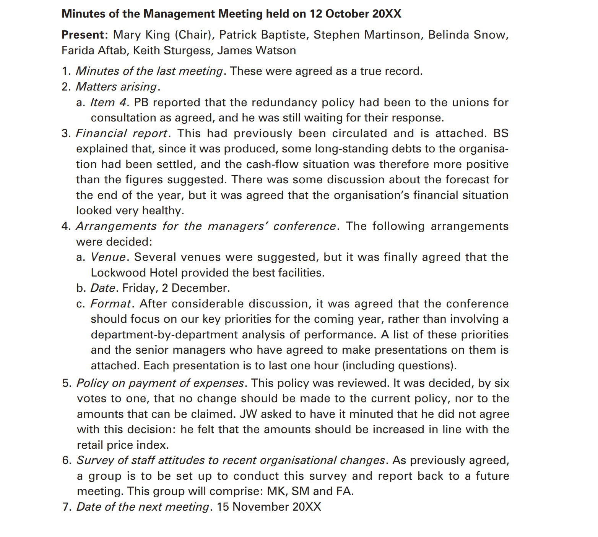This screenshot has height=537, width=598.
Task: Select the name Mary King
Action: pyautogui.click(x=141, y=35)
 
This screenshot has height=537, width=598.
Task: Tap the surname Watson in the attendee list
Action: pyautogui.click(x=278, y=50)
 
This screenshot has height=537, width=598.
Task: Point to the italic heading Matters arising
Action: pyautogui.click(x=116, y=87)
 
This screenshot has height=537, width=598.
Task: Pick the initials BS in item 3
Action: pyautogui.click(x=500, y=133)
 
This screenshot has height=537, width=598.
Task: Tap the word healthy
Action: pyautogui.click(x=162, y=210)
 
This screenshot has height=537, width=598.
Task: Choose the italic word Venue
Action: pyautogui.click(x=108, y=257)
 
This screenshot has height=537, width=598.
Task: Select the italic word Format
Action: pyautogui.click(x=110, y=304)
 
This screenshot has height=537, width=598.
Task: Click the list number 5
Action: pyautogui.click(x=66, y=383)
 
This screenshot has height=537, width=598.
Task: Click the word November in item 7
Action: pyautogui.click(x=260, y=507)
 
